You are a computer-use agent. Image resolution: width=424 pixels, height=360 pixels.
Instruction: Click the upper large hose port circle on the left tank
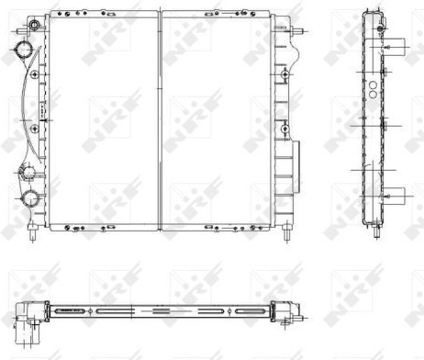(24, 49)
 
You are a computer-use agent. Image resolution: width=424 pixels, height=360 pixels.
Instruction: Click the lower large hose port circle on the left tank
(30, 197)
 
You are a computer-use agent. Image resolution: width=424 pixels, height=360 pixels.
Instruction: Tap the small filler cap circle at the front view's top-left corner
(35, 25)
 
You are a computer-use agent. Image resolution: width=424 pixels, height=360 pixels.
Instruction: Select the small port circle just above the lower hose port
(27, 172)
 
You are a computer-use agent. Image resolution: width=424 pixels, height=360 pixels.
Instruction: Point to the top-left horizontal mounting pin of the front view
(21, 31)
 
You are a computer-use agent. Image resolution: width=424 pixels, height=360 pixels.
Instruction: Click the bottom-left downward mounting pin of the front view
(33, 233)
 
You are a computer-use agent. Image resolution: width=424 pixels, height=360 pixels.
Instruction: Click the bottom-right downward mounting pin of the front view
(287, 233)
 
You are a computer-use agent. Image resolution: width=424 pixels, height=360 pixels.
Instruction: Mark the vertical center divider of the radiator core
(160, 120)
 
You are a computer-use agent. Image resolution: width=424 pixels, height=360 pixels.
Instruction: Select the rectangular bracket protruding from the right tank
(296, 166)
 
